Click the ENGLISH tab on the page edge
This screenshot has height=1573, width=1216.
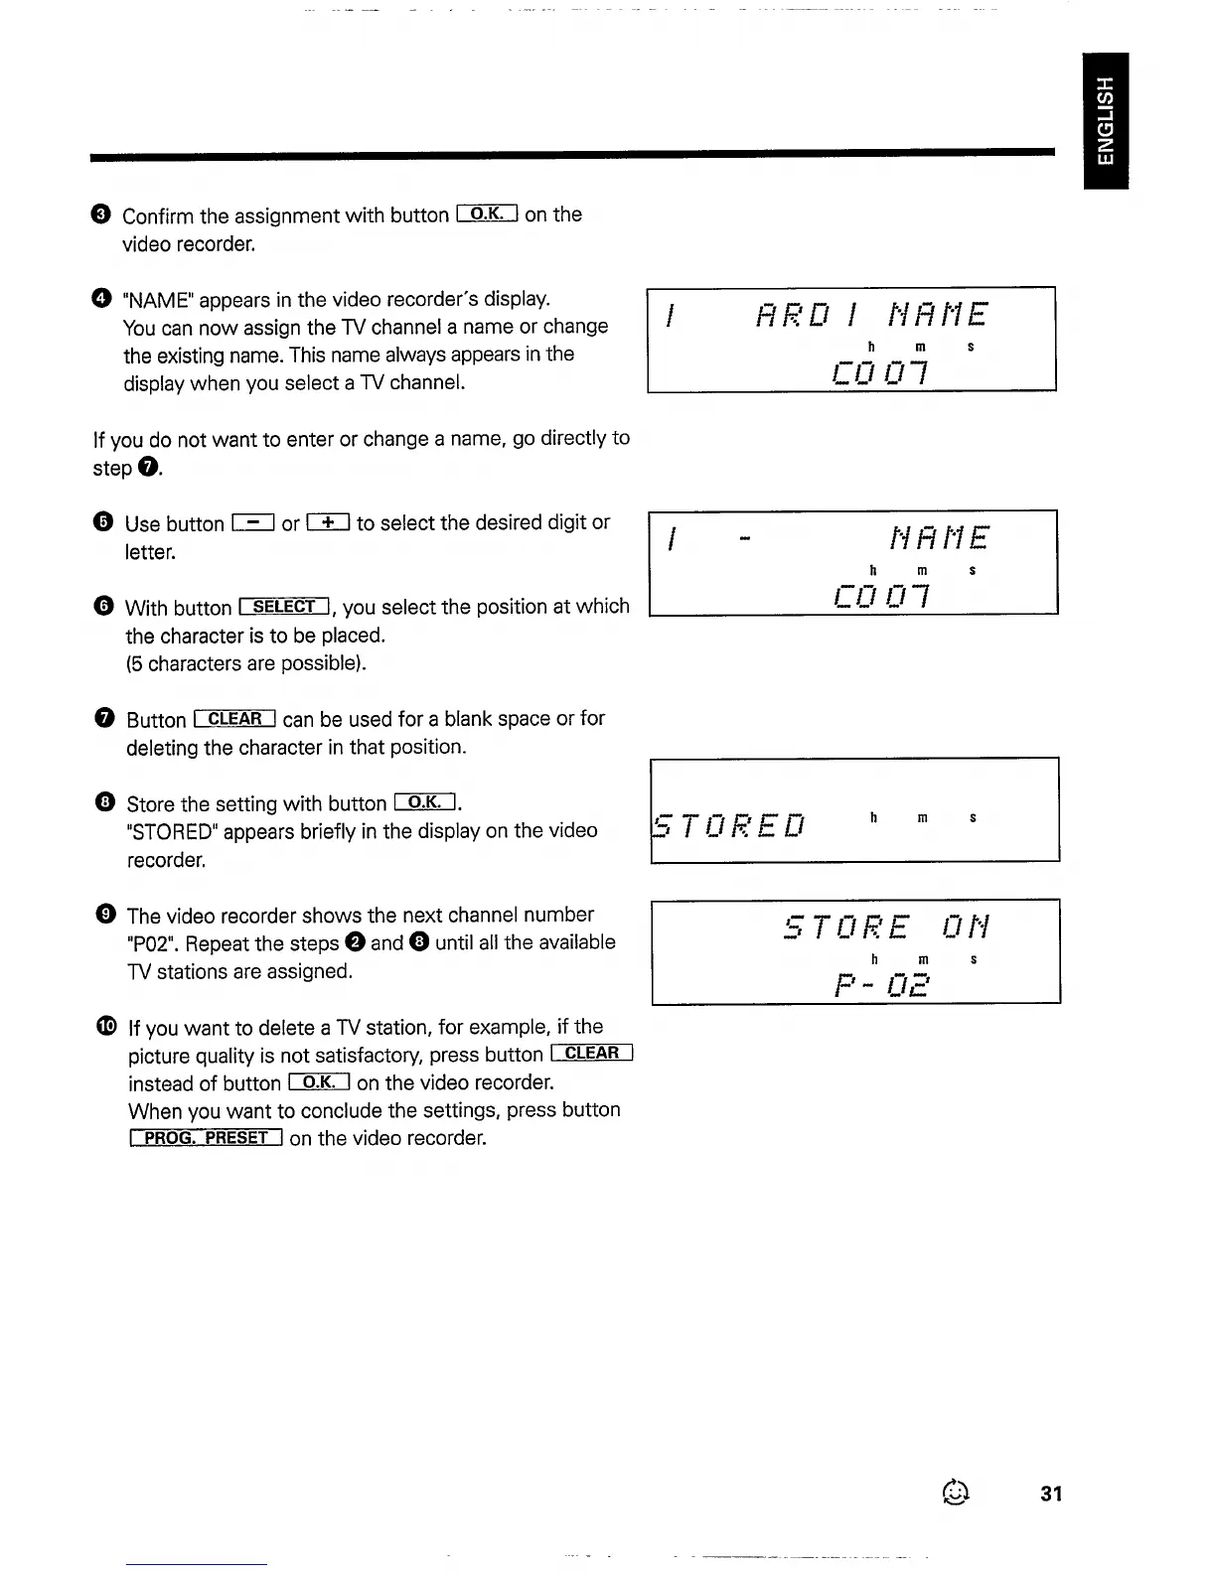click(1106, 120)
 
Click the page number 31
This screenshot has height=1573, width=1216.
click(1051, 1494)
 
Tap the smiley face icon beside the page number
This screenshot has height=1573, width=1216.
click(955, 1492)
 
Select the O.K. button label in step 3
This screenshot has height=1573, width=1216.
click(487, 214)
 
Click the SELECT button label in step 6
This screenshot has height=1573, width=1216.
click(285, 607)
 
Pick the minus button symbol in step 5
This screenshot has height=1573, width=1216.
click(252, 522)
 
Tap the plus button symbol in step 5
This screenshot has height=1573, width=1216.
click(329, 522)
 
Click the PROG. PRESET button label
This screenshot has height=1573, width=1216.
click(207, 1138)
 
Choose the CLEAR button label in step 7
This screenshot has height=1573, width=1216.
click(235, 719)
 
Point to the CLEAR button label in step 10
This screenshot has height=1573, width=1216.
click(591, 1054)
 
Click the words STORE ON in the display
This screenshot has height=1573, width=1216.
click(886, 928)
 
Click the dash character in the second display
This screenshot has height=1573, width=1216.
click(747, 539)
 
